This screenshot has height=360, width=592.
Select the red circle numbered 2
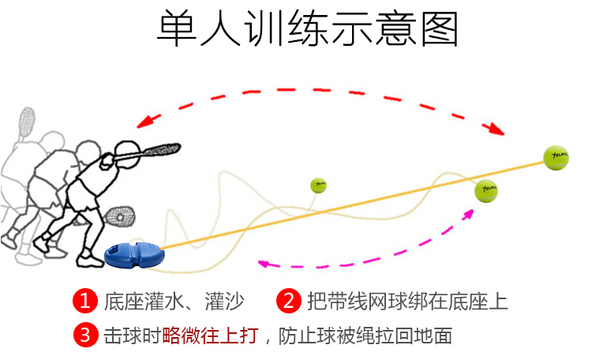point(289,301)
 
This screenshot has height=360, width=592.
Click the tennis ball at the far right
point(555,157)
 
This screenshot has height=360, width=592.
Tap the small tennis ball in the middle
point(318,186)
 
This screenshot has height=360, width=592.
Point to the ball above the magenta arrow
point(485,190)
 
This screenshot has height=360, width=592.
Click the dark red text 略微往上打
point(210,336)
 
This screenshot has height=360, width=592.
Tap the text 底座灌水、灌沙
point(174,302)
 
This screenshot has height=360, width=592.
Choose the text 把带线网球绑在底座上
point(407,302)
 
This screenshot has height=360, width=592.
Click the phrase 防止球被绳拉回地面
point(366,336)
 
